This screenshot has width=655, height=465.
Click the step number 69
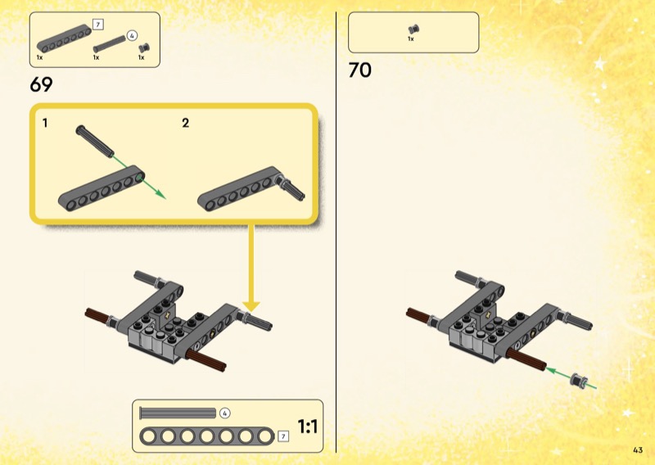coord(41,84)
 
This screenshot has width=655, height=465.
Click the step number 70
coord(359,70)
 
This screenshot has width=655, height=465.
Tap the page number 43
coord(638,450)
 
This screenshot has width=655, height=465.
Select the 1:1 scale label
coord(308,427)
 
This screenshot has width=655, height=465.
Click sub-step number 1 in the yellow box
coord(45,123)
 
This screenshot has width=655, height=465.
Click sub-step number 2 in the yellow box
coord(186,123)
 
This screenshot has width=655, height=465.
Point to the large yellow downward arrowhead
coord(251,306)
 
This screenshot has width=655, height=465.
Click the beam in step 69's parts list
coord(64,38)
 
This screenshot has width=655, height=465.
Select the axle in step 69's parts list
coord(110,44)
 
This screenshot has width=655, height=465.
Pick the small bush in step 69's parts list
coord(144,47)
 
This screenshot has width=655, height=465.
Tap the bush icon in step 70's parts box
coord(413,29)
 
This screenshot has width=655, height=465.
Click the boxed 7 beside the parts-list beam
coord(97,25)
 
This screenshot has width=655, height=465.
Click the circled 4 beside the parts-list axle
coord(132,36)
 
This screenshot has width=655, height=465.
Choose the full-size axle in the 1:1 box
coord(178,413)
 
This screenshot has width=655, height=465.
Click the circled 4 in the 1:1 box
coord(224,413)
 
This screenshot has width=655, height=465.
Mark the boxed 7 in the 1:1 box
coord(283,436)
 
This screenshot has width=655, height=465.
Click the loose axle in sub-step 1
coord(94,141)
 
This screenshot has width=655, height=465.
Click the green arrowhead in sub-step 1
coord(160,195)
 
